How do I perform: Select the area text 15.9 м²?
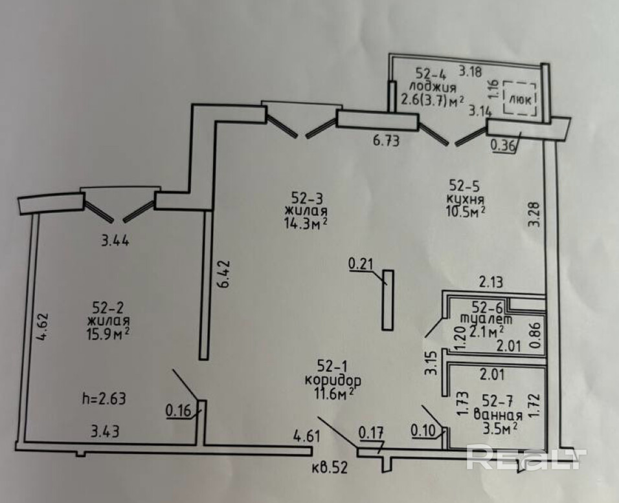click(x=108, y=334)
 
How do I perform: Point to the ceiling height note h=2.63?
click(x=104, y=398)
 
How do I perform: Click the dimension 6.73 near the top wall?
click(x=386, y=141)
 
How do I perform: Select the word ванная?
click(x=497, y=414)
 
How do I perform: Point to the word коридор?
click(x=333, y=381)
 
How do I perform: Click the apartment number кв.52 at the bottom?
click(x=329, y=468)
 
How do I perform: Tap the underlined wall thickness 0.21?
click(x=361, y=264)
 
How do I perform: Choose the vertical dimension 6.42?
click(x=223, y=274)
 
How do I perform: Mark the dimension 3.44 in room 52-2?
click(x=115, y=241)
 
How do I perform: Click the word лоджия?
click(x=433, y=86)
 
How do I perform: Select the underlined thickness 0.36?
click(x=502, y=146)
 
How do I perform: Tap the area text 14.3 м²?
click(x=306, y=223)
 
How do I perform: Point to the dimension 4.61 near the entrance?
click(x=307, y=436)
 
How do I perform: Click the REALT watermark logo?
click(x=526, y=457)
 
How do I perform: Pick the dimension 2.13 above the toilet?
click(x=491, y=282)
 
